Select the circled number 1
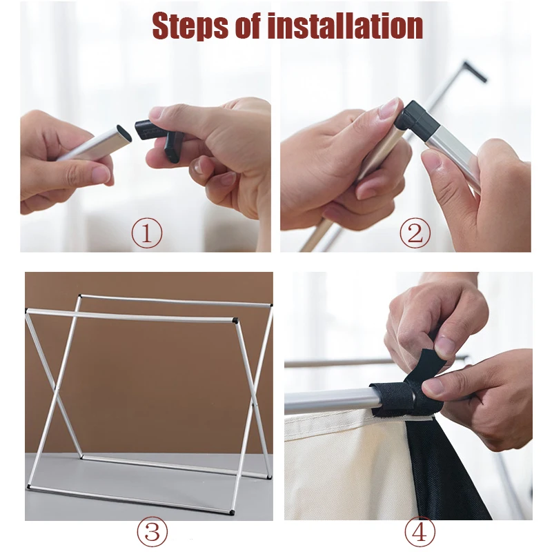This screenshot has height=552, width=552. [x=147, y=233]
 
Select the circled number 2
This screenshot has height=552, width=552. [x=415, y=233]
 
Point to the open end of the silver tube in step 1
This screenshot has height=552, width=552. [x=124, y=133]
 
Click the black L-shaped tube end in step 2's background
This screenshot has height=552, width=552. [x=475, y=72]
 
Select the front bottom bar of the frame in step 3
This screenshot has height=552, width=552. [x=130, y=498]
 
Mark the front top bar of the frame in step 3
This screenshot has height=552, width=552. [x=131, y=315]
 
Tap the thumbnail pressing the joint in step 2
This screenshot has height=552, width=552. [x=390, y=108]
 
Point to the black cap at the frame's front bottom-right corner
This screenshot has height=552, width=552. [x=232, y=512]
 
